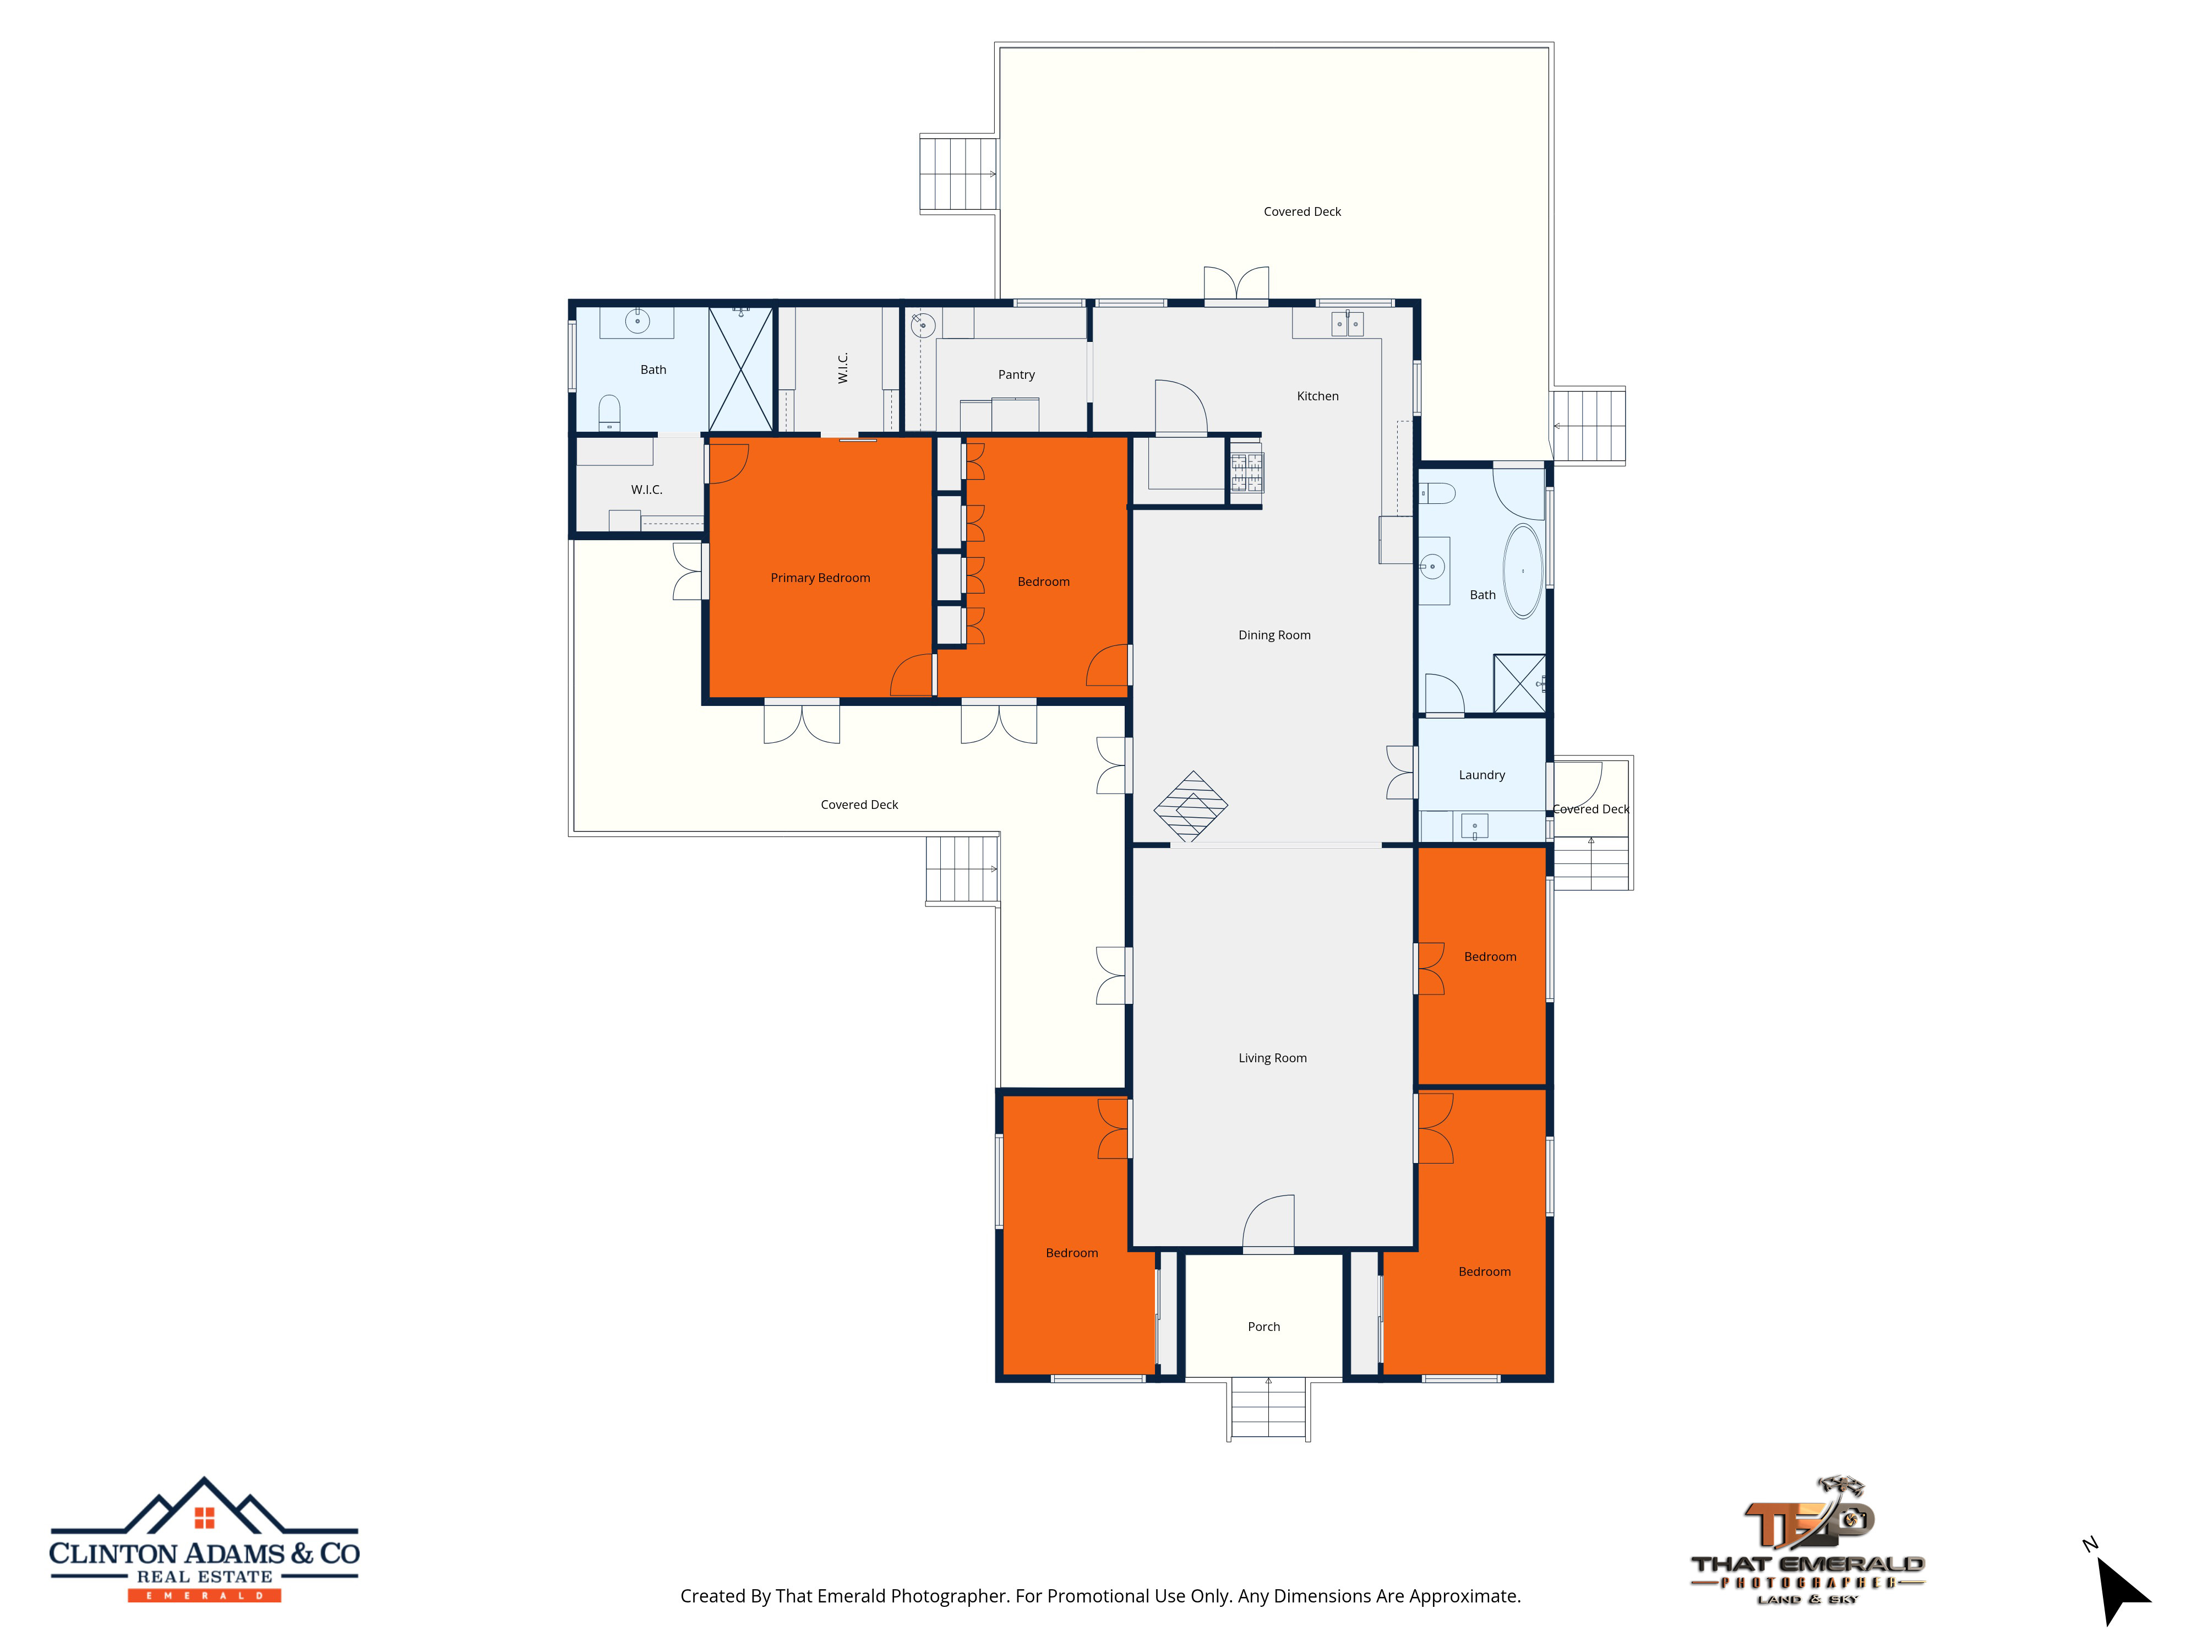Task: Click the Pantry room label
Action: tap(1016, 374)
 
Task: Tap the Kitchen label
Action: tap(1317, 396)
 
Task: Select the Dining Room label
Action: tap(1274, 635)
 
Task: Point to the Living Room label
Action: tap(1272, 1058)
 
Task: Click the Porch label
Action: tap(1263, 1327)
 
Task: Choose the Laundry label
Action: tap(1481, 776)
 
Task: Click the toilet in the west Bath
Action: tap(609, 413)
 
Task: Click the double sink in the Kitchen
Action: tap(1347, 324)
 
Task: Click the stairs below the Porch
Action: tap(1268, 1408)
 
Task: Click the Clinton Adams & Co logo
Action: tap(204, 1540)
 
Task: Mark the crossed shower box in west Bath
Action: tap(740, 369)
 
